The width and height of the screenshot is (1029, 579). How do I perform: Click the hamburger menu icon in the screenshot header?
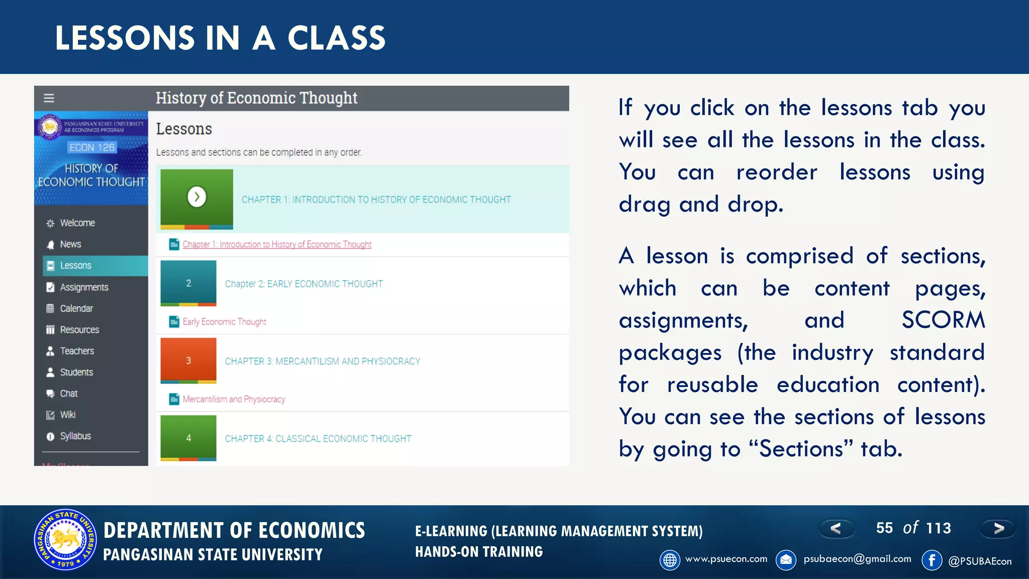coord(49,98)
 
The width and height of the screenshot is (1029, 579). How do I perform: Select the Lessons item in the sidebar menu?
coord(75,265)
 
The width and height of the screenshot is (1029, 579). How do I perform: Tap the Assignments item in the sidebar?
coord(84,287)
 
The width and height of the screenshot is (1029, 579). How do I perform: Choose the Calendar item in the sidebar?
coord(76,308)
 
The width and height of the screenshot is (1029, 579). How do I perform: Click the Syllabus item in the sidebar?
coord(75,436)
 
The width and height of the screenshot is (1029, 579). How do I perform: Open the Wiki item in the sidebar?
coord(67,415)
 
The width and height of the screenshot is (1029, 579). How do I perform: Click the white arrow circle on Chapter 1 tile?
coord(196,197)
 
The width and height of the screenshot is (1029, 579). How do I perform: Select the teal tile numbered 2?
coord(188,283)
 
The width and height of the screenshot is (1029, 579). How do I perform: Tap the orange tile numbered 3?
coord(188,360)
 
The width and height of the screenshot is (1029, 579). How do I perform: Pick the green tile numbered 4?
coord(188,438)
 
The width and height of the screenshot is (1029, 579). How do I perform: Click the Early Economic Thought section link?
coord(224,322)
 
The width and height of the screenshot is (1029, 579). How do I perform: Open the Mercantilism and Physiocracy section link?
coord(234,399)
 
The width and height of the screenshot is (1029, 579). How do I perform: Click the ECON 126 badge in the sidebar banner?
coord(92,147)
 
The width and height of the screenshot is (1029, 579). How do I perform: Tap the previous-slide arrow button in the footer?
coord(836,528)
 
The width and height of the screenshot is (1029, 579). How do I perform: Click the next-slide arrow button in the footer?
coord(998,528)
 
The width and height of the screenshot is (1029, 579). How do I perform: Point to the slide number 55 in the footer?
coord(884,528)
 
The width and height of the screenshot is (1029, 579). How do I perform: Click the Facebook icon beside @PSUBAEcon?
coord(932,560)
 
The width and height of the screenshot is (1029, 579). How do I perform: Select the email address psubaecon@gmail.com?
coord(857,559)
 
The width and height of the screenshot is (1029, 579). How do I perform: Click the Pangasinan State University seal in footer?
coord(65,540)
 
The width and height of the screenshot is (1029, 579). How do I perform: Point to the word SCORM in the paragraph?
coord(943,320)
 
